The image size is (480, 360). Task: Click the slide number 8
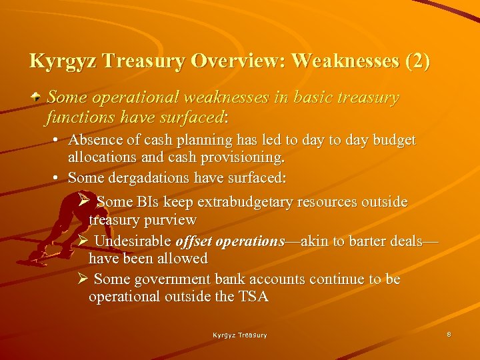tap(449, 334)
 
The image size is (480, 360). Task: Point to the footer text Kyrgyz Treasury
tap(240, 335)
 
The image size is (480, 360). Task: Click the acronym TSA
tap(253, 297)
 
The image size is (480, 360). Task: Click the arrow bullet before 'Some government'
tap(83, 279)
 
